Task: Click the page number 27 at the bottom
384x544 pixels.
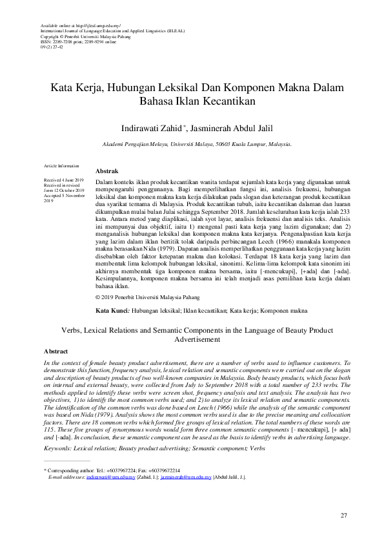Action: (x=344, y=515)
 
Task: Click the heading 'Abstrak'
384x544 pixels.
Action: (x=106, y=170)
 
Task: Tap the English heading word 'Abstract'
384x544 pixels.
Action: (x=56, y=351)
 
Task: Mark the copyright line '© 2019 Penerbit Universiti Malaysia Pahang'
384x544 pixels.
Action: (x=147, y=298)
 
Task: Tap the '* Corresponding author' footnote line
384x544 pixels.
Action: (x=111, y=452)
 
